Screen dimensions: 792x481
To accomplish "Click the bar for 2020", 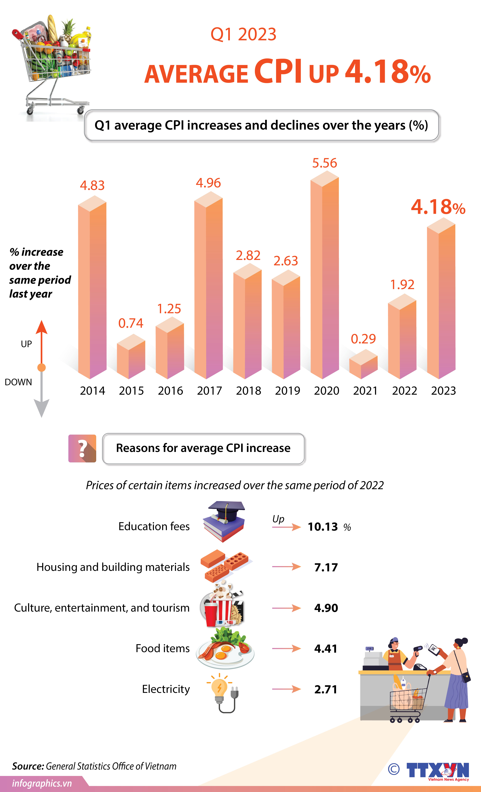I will click(x=325, y=276).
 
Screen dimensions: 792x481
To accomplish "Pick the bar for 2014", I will click(x=92, y=289).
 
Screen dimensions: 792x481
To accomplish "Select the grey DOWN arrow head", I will click(x=41, y=408).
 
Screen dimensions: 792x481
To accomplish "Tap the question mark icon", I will click(x=82, y=448).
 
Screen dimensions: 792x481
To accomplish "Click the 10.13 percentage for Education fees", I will click(x=323, y=527).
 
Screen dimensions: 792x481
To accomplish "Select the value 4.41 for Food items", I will click(x=326, y=649).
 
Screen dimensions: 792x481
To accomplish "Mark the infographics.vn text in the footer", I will click(x=42, y=783).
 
